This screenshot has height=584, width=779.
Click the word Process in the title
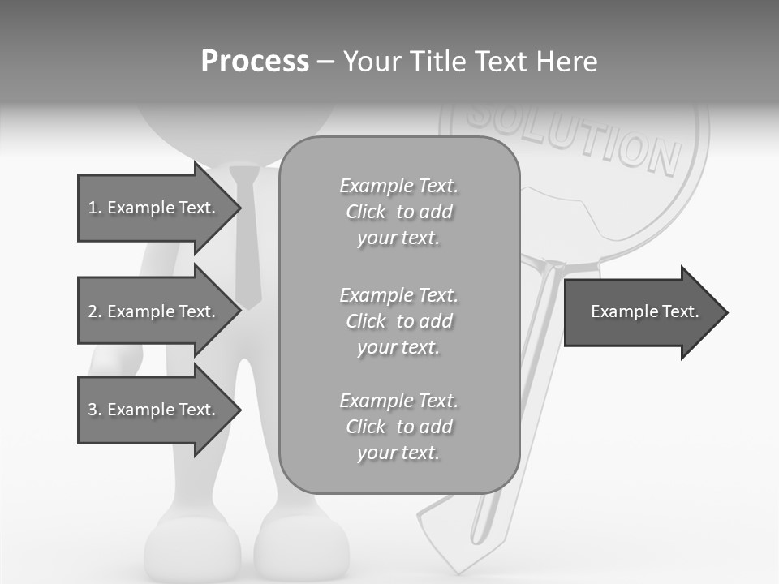(255, 62)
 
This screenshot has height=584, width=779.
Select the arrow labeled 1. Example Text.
(154, 208)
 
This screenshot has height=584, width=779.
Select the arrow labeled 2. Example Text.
(154, 311)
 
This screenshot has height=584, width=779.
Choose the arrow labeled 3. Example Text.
(154, 410)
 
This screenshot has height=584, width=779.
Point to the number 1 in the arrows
(93, 208)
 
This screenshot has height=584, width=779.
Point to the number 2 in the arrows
(93, 311)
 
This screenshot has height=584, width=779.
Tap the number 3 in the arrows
(93, 410)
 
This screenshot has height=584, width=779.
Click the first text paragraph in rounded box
(398, 212)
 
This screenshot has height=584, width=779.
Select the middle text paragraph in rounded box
(398, 321)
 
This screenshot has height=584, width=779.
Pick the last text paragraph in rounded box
(398, 427)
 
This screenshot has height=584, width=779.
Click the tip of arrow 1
(240, 208)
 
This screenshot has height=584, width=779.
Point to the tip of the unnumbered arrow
(727, 312)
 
